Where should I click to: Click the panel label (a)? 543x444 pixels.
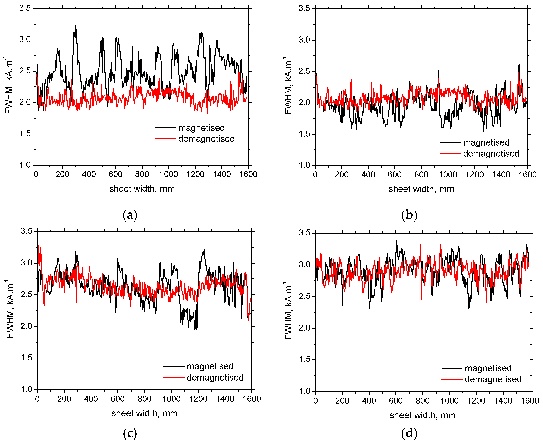tap(130, 215)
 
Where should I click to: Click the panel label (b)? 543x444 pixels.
tap(409, 215)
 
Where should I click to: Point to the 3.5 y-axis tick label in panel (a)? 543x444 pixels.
tap(25, 8)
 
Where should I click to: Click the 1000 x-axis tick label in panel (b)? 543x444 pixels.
tap(448, 175)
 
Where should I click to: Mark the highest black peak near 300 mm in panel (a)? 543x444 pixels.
tap(76, 25)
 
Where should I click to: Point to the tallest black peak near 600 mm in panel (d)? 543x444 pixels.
tap(397, 241)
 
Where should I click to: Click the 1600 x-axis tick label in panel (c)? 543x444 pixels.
tap(252, 399)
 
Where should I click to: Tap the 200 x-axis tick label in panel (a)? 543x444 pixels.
tap(62, 174)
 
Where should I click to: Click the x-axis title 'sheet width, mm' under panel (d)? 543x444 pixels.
tap(422, 415)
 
